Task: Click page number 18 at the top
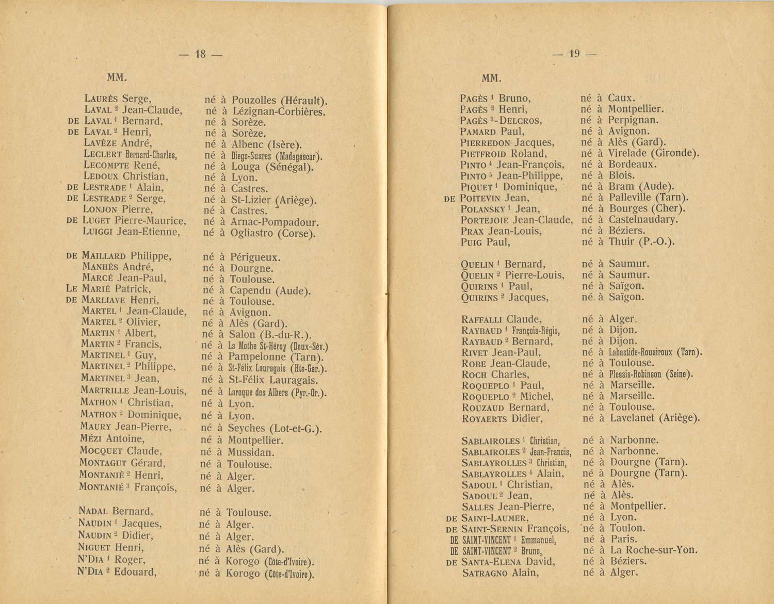(200, 54)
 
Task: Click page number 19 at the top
(574, 54)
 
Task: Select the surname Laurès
(102, 99)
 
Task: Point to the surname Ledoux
(102, 176)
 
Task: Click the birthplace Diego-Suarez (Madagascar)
(276, 156)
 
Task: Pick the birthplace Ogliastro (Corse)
(272, 233)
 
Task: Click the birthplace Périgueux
(255, 257)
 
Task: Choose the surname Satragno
(485, 573)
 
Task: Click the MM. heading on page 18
(117, 78)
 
